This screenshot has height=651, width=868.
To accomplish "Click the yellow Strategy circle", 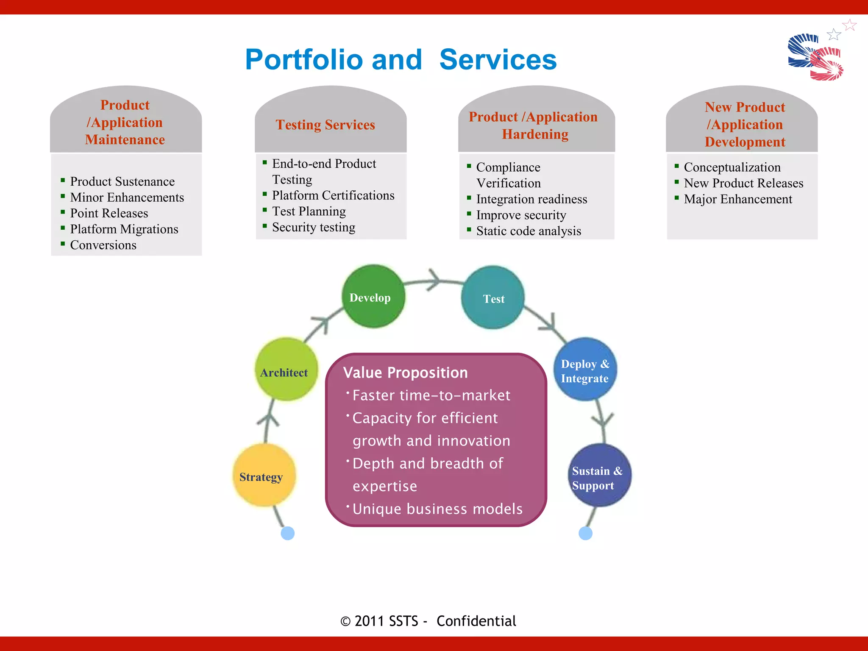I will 264,475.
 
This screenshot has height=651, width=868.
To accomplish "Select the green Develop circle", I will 373,297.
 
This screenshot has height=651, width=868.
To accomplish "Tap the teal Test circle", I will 493,298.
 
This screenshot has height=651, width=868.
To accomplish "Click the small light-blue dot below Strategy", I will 288,533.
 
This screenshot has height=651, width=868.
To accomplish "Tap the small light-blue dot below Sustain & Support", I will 585,533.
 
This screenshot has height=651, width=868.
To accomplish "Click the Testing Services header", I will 325,125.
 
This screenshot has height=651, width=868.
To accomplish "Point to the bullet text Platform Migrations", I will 124,229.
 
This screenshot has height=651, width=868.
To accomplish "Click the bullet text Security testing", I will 314,228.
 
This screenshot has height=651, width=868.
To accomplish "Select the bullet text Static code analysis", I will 529,231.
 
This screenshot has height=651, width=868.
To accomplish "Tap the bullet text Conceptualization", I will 732,167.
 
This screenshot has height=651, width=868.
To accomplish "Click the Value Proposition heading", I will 406,373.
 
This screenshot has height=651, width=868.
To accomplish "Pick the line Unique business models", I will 437,509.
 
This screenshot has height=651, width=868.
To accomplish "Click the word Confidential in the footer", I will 476,621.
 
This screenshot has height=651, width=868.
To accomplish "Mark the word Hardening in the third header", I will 535,134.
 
